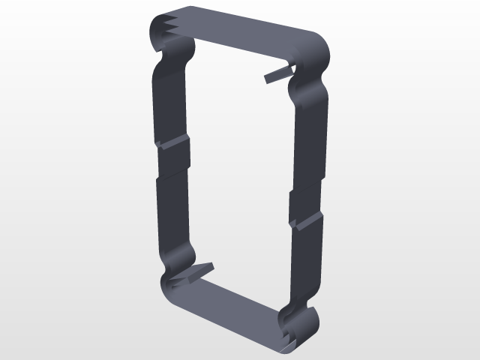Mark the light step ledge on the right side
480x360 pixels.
(x=307, y=220)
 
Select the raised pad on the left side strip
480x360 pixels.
(x=174, y=159)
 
